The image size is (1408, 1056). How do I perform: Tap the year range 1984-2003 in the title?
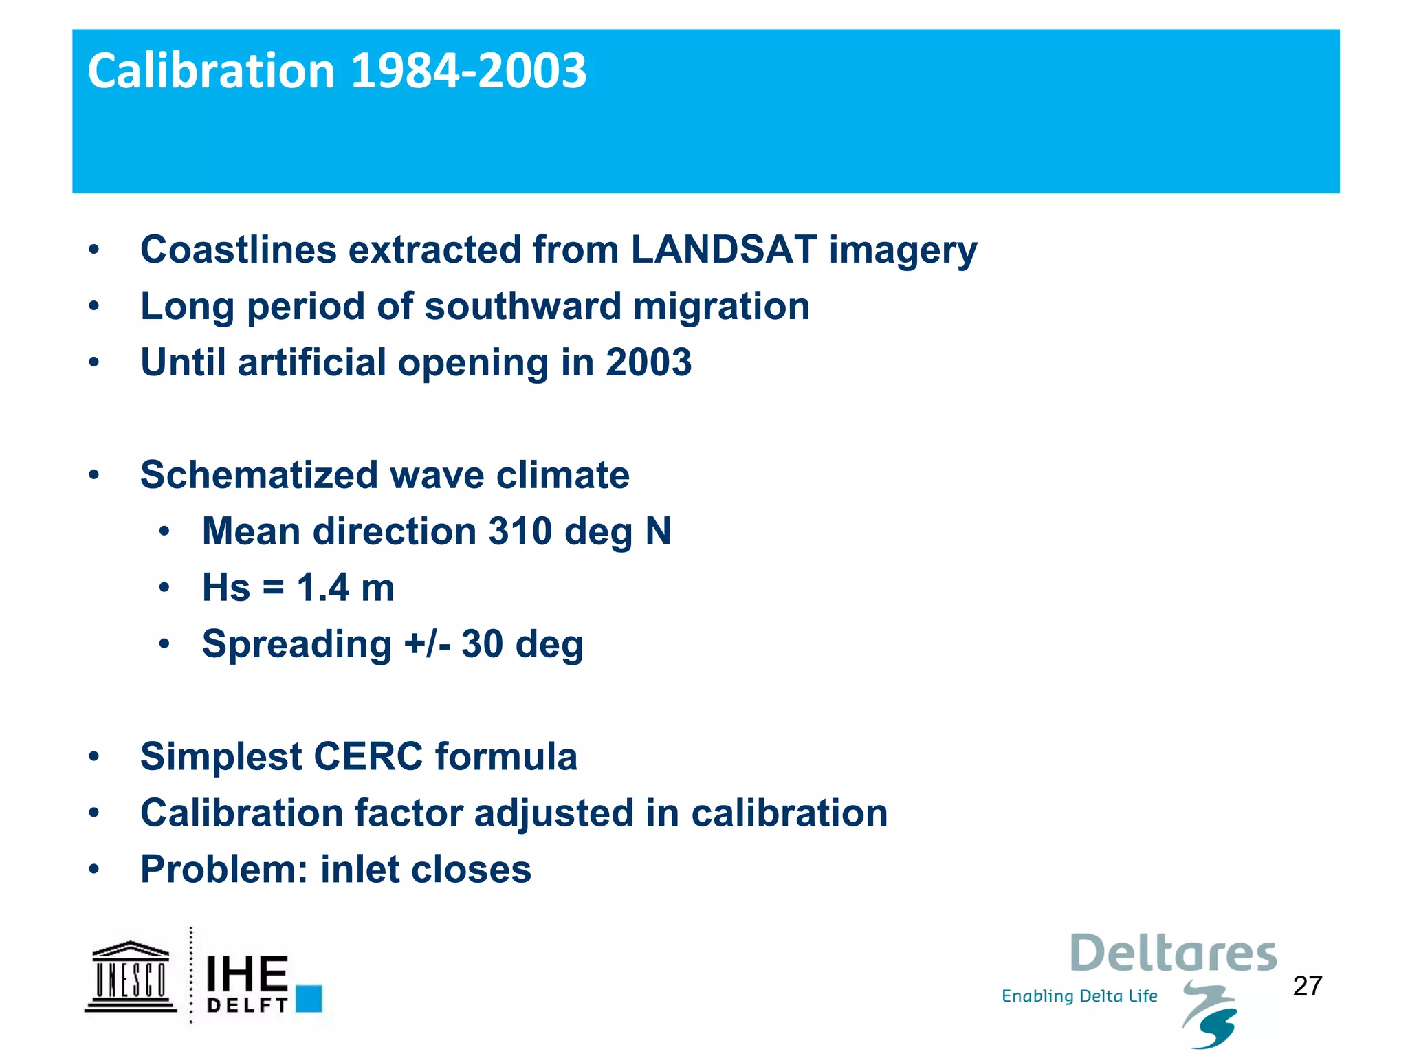coord(469,71)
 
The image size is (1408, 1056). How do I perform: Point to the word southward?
coord(522,306)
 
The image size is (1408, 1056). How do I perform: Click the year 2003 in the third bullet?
coord(648,362)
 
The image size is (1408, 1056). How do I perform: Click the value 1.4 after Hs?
coord(322,588)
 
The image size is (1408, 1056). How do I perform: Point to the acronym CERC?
coord(368,757)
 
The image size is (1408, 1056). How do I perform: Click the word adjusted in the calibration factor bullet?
coord(553,813)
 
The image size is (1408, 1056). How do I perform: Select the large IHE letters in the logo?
coord(247,973)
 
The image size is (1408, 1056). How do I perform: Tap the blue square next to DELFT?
coord(309,998)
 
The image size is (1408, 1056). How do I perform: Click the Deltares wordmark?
coord(1173,954)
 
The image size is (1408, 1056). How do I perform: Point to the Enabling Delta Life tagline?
coord(1079,996)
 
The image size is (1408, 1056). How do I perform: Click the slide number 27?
coord(1307,987)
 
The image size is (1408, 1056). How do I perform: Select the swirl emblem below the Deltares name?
coord(1211,1015)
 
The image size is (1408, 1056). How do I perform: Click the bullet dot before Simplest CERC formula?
coord(94,757)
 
